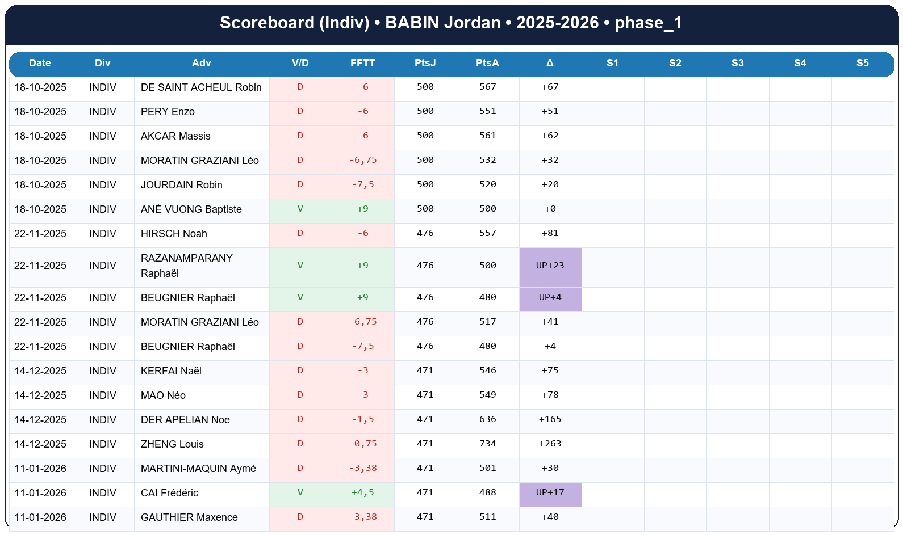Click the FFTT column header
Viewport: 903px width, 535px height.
click(362, 63)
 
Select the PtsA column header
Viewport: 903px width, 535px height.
click(487, 63)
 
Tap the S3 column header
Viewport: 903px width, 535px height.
click(737, 63)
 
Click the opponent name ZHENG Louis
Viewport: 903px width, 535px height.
click(172, 444)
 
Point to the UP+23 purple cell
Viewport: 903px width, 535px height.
click(550, 266)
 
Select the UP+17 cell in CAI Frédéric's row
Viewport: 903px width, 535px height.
click(550, 492)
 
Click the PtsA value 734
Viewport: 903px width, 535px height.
click(487, 444)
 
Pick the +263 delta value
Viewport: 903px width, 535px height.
click(550, 444)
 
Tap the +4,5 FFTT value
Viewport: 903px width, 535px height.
click(362, 492)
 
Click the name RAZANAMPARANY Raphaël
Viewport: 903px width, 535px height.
click(186, 266)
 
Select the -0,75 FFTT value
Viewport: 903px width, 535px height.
click(362, 444)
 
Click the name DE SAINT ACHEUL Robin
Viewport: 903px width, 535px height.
click(201, 87)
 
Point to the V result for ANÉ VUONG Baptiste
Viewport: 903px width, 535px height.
click(300, 209)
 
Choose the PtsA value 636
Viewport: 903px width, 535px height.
click(487, 419)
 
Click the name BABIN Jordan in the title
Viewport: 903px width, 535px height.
click(442, 23)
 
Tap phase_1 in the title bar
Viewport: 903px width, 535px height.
click(648, 23)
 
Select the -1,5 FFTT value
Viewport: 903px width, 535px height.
click(362, 419)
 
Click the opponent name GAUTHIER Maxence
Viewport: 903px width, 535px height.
click(189, 517)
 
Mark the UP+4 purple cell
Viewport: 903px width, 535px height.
click(550, 297)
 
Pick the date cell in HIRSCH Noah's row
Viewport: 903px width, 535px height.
click(40, 234)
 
